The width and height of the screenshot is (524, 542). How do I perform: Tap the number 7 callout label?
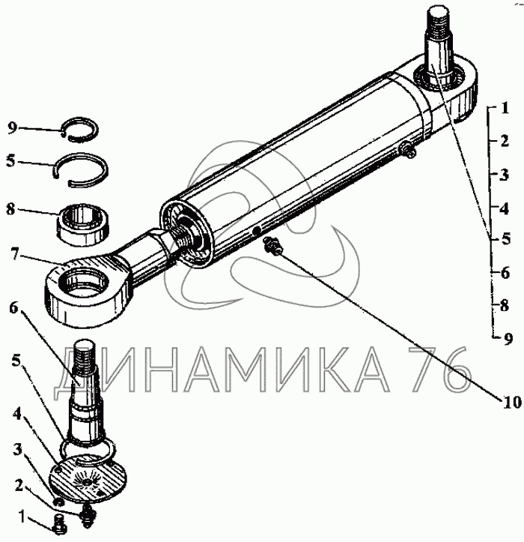pos(14,254)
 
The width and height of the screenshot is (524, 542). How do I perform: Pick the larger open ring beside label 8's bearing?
pos(81,170)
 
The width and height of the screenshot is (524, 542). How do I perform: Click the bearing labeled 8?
pos(83,225)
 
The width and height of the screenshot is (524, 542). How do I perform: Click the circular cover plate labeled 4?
pos(88,480)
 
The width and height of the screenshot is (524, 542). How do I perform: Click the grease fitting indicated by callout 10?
pos(273,246)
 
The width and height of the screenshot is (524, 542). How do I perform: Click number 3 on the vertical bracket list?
pos(505,175)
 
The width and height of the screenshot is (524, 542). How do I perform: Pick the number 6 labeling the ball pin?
pos(13,307)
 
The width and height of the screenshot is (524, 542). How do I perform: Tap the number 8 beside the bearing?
pos(10,209)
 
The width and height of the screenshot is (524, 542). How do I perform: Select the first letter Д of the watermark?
pos(73,372)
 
